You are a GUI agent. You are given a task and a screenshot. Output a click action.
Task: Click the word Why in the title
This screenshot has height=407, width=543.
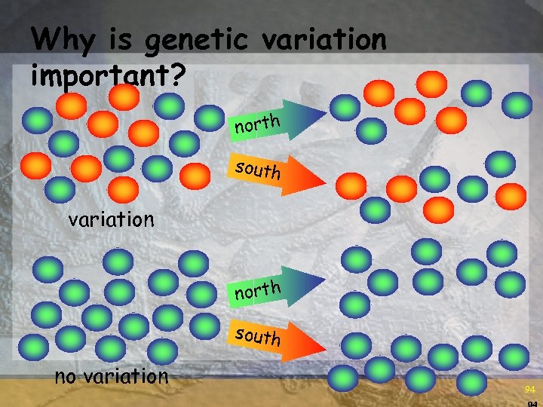(x=63, y=38)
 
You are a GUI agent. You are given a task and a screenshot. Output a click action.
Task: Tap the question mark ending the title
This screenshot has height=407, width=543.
(x=177, y=74)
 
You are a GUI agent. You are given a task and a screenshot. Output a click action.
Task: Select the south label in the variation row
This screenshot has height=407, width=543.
(x=257, y=170)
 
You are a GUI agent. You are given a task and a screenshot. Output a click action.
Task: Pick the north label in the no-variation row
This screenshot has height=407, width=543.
(x=257, y=289)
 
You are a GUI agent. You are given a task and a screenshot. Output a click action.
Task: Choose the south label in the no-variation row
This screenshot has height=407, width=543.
(x=257, y=335)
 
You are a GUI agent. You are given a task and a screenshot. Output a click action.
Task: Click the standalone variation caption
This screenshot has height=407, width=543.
(x=111, y=219)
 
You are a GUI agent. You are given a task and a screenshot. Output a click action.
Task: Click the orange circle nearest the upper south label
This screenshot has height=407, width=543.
(x=197, y=175)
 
